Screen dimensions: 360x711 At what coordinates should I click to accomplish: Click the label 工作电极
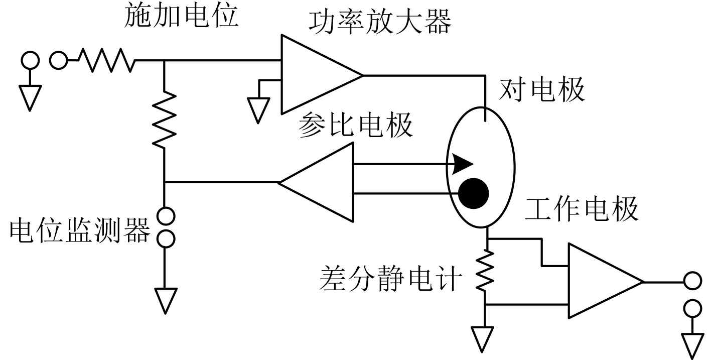[x=582, y=208]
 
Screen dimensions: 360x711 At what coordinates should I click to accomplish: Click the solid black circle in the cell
[x=474, y=193]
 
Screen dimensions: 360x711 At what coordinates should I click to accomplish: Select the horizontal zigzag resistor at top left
[x=106, y=61]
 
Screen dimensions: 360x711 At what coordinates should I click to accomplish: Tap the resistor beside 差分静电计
[x=485, y=272]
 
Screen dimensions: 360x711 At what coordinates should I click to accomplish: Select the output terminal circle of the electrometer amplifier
[x=692, y=281]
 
